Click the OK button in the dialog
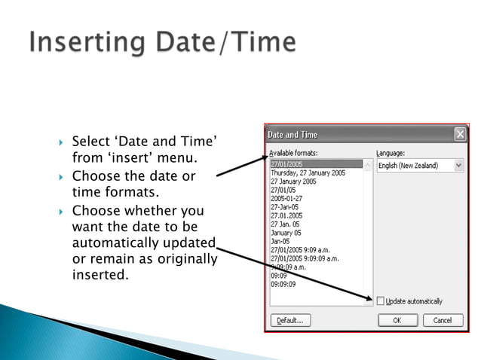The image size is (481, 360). [397, 320]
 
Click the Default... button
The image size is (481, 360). [290, 320]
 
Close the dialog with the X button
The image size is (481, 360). [459, 135]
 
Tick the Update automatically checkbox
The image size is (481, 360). [381, 301]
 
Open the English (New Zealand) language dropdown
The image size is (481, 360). [458, 165]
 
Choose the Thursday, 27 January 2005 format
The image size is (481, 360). [308, 173]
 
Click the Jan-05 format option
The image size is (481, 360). [281, 241]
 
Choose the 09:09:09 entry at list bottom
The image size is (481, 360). [283, 284]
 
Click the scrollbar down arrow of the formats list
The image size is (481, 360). [368, 301]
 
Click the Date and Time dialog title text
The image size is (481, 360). [293, 135]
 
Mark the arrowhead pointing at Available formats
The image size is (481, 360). [265, 157]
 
